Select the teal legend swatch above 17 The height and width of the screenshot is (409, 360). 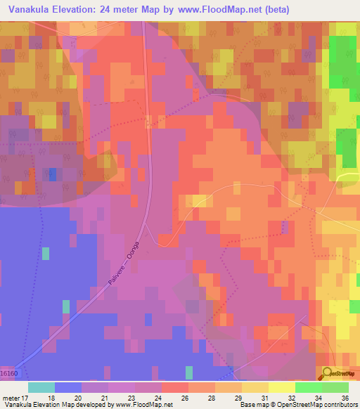pos(41,387)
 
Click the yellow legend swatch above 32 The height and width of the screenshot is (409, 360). pos(281,387)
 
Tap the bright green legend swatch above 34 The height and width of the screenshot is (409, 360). pos(307,387)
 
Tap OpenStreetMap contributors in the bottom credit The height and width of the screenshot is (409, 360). pos(321,405)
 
